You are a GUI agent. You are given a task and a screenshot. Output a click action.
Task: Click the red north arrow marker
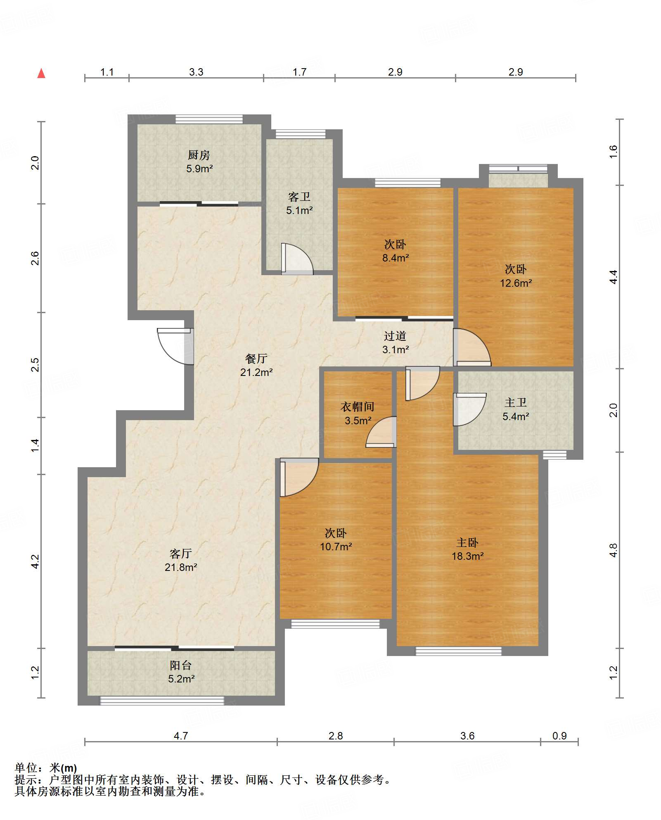tap(41, 74)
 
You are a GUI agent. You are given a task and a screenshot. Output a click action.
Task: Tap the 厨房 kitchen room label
tap(199, 155)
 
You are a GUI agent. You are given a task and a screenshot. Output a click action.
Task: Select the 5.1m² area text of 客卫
tap(300, 210)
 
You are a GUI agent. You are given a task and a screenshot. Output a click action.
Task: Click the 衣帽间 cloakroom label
tap(358, 407)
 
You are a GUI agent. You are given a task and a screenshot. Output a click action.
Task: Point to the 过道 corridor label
tap(395, 336)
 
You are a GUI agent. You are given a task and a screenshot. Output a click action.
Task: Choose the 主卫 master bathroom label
tap(516, 403)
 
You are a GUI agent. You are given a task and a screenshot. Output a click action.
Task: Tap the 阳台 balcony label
tap(181, 665)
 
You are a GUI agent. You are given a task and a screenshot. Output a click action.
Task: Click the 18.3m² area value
tap(468, 556)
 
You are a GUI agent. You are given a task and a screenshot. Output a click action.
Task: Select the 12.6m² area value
tap(516, 283)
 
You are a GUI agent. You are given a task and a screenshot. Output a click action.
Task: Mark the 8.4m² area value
tap(396, 258)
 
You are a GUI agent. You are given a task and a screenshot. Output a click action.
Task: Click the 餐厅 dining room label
tap(256, 359)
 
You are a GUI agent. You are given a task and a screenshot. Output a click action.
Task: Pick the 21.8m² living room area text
tap(181, 567)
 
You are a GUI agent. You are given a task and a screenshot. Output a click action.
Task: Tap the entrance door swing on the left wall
tap(175, 346)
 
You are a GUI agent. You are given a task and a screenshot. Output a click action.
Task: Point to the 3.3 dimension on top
tap(196, 72)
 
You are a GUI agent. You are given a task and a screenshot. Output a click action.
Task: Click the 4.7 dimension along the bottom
tap(181, 736)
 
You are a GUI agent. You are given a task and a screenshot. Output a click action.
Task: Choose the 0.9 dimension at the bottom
tap(559, 736)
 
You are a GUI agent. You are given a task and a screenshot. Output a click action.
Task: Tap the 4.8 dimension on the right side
tap(614, 550)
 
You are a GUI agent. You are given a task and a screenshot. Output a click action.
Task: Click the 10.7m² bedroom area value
tap(336, 547)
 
